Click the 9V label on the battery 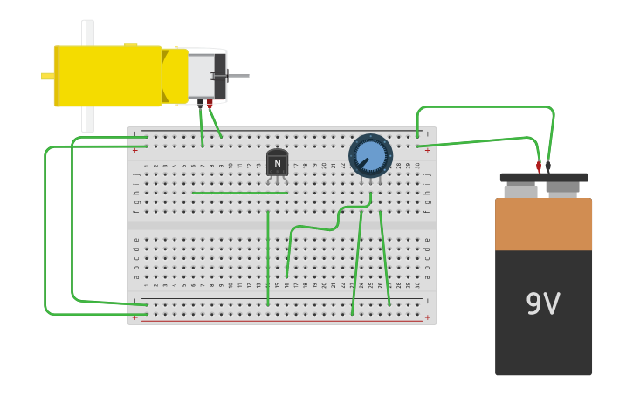(542, 304)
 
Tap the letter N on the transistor (277, 163)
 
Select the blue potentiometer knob (370, 156)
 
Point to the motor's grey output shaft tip (245, 76)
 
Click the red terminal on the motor (210, 104)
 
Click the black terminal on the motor (200, 103)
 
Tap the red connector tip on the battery (539, 166)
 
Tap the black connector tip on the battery (548, 166)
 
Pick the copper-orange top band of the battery (543, 224)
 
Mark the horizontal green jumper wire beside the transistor (239, 193)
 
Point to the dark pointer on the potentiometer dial (361, 163)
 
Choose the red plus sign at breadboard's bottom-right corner (427, 318)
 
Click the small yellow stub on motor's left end (47, 76)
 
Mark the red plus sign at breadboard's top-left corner (135, 150)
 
